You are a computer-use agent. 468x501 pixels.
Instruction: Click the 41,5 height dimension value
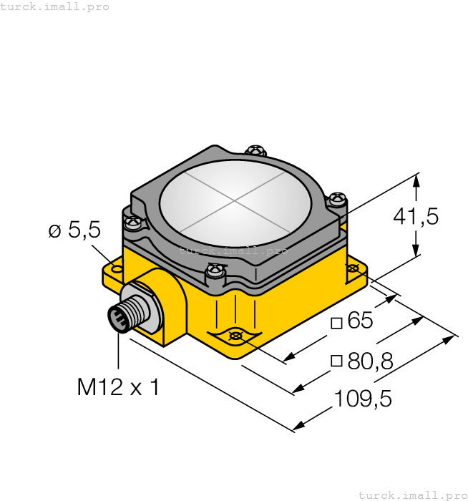point(416,216)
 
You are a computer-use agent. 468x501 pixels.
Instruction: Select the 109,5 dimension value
point(363,399)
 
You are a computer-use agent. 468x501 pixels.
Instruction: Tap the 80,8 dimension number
point(370,361)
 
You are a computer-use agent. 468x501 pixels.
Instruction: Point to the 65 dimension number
point(360,321)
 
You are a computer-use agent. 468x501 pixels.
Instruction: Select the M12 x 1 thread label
point(118,387)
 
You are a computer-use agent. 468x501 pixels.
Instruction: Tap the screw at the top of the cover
point(255,151)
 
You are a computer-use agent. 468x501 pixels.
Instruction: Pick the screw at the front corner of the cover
point(215,271)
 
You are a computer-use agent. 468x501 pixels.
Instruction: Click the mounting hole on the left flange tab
point(117,269)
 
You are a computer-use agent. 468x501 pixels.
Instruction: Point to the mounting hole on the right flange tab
point(353,268)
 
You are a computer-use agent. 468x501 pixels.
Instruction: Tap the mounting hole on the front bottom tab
point(235,336)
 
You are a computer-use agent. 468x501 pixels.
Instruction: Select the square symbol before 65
point(336,323)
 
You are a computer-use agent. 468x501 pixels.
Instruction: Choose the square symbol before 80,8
point(336,362)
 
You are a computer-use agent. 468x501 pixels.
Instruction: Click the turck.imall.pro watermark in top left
point(55,6)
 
